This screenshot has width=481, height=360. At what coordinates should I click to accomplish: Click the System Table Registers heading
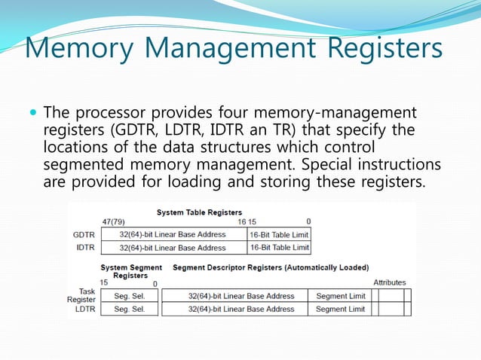point(199,212)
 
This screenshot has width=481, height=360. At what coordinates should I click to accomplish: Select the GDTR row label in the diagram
point(84,235)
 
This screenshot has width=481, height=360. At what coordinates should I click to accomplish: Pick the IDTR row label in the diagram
point(84,247)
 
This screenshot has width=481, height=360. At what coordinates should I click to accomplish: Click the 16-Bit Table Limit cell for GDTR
point(279,235)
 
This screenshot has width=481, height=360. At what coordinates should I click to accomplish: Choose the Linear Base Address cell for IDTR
point(173,247)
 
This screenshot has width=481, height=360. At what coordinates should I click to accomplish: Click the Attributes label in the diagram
point(390,282)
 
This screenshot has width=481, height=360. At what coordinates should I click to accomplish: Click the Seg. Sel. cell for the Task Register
point(129,295)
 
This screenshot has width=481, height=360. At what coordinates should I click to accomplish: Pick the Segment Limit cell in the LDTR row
point(340,309)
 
